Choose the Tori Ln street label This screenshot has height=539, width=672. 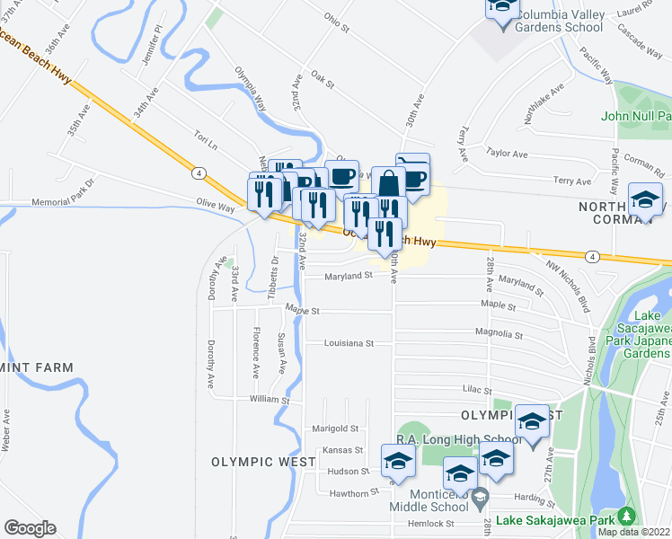tap(207, 138)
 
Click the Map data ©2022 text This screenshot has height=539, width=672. tap(633, 532)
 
